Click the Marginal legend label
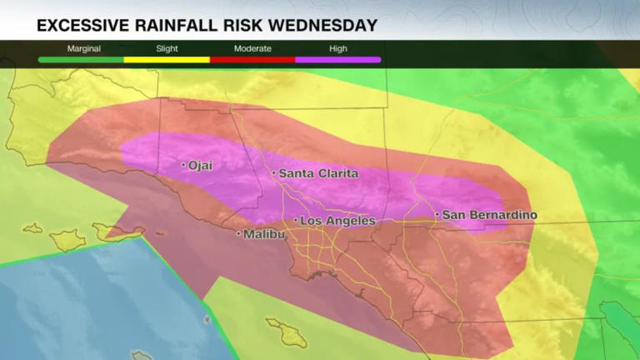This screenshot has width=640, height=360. [83, 48]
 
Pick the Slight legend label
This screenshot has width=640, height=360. [167, 48]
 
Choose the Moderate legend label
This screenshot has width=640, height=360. [252, 48]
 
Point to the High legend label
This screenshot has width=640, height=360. [338, 48]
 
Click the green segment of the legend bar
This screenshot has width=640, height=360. [81, 60]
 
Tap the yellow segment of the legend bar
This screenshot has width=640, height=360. [167, 60]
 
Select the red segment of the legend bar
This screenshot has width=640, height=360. [252, 60]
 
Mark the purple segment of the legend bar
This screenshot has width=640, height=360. [338, 60]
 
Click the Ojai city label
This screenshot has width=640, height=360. [201, 166]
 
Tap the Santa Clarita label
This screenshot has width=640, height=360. [317, 173]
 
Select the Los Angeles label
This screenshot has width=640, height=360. [337, 221]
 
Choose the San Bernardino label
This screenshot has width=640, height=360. [489, 215]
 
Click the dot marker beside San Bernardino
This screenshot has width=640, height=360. [437, 215]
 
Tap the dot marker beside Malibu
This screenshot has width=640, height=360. [239, 234]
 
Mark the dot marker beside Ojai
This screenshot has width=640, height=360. [183, 166]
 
